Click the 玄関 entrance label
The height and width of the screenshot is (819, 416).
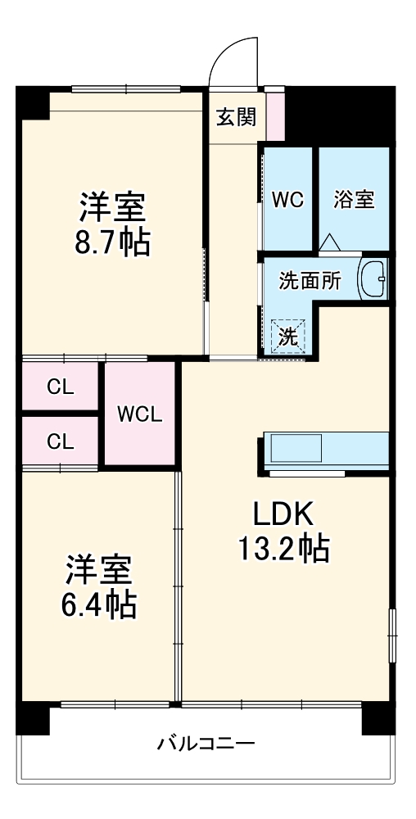236,117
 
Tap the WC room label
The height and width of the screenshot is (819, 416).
287,199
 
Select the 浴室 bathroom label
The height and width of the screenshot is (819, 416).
355,199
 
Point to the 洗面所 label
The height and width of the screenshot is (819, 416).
310,281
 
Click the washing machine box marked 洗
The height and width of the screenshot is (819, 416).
287,335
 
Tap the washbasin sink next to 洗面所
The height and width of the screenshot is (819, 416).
373,280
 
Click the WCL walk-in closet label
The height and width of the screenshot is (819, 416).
140,414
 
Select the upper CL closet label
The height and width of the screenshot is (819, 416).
60,387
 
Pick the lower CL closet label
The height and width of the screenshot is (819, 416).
60,442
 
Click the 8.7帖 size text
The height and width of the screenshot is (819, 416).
113,243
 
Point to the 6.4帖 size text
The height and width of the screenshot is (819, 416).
98,605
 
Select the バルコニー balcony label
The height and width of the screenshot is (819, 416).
206,744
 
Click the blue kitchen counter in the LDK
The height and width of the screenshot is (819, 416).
325,449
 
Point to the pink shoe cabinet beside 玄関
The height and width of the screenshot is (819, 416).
276,115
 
